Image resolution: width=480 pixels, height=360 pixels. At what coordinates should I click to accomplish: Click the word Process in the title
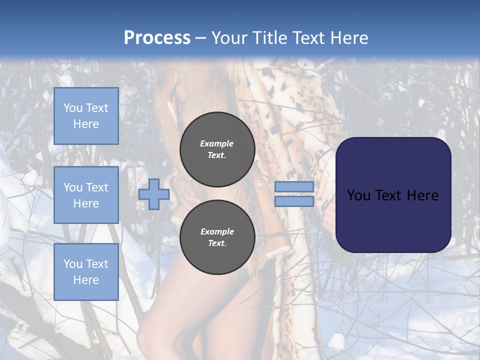[x=157, y=38]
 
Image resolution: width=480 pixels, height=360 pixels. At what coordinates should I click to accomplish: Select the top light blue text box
[x=86, y=116]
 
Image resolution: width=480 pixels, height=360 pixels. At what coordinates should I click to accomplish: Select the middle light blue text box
[x=86, y=195]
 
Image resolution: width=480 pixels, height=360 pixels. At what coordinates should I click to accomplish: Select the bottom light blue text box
[x=86, y=272]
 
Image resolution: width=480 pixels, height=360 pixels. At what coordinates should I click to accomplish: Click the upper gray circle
[x=217, y=149]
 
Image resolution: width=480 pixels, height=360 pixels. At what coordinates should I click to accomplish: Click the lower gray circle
[x=217, y=237]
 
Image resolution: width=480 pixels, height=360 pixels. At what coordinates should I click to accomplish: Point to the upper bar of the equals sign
[x=294, y=187]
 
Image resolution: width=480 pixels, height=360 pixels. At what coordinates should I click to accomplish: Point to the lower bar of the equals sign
[x=294, y=201]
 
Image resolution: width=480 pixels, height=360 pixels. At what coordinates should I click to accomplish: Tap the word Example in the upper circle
[x=216, y=143]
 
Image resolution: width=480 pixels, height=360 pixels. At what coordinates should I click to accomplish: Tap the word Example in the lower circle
[x=217, y=231]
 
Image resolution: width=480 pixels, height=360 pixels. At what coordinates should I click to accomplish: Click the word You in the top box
[x=73, y=108]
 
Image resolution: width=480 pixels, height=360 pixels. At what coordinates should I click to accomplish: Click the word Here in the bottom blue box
[x=86, y=280]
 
